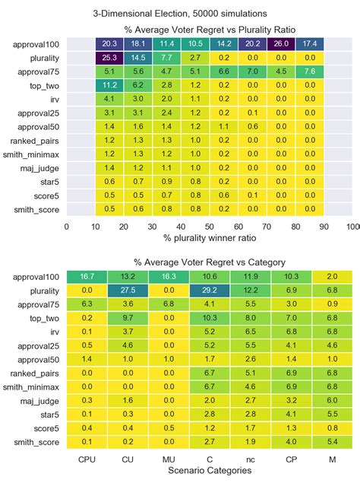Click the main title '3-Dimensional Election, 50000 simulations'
tap(179, 14)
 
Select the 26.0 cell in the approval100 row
tap(281, 43)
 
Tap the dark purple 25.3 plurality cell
tap(109, 57)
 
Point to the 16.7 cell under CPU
tap(87, 276)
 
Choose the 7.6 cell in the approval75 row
tap(310, 72)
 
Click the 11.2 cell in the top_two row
tap(109, 85)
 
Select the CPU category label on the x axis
tap(87, 459)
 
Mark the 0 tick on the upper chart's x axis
tap(67, 227)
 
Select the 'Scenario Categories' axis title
tap(210, 471)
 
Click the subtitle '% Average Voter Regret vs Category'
tap(210, 262)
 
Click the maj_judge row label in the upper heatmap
tap(39, 168)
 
